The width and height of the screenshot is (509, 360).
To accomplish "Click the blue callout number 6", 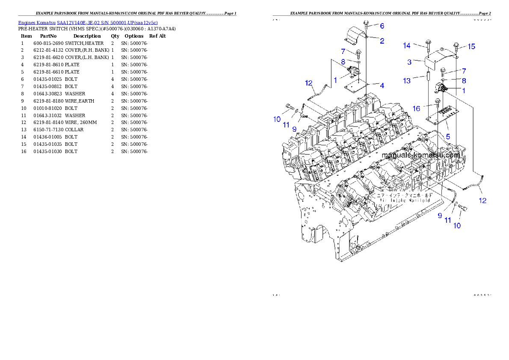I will (382, 26).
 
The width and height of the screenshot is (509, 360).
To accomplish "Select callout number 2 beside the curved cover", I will (382, 41).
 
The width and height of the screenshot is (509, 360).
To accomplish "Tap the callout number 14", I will (406, 45).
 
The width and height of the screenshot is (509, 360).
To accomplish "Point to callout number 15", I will (471, 47).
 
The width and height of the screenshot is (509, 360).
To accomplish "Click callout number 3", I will (409, 62).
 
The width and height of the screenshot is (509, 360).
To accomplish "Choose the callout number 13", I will (406, 81).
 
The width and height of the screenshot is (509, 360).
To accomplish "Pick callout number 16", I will (416, 109).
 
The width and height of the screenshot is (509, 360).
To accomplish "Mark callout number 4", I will (382, 86).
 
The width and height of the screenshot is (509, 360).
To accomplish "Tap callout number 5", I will (447, 137).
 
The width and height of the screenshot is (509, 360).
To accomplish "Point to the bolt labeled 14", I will (428, 44).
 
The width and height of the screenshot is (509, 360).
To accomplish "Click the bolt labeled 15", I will (456, 46).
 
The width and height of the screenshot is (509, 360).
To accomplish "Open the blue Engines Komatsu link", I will (88, 22).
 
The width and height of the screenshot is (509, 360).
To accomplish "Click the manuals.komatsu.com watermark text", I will (420, 155).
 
